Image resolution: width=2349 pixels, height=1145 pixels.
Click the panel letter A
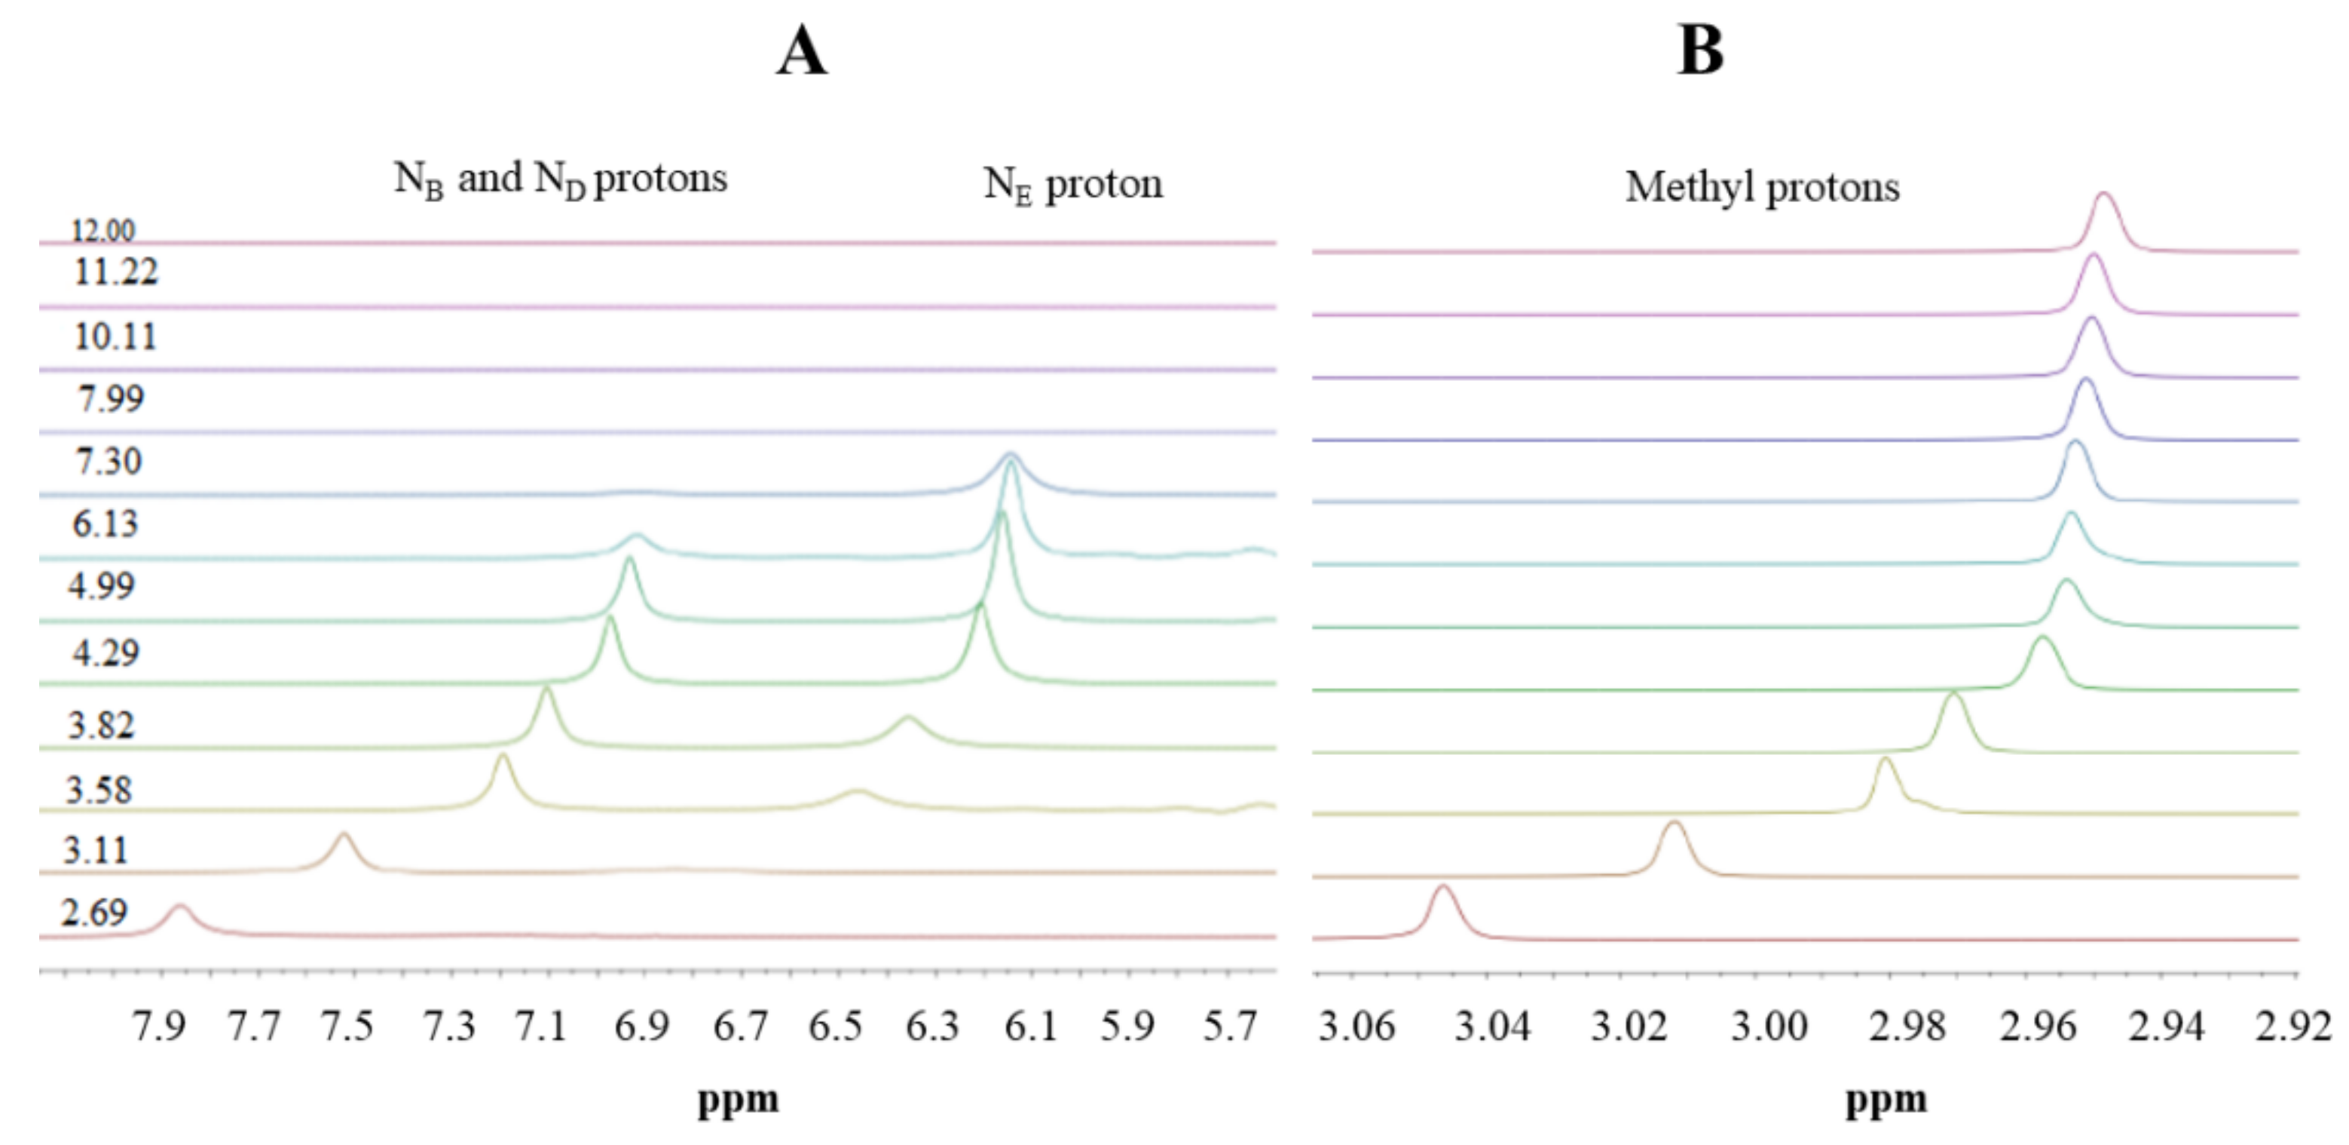(802, 51)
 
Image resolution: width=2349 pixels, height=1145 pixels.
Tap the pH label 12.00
(103, 231)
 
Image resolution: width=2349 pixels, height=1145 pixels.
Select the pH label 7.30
(109, 462)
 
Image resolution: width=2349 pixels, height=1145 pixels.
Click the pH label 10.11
(115, 336)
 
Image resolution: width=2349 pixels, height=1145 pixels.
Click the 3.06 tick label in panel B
(1357, 1027)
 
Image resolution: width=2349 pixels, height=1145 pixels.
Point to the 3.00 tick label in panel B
(1769, 1027)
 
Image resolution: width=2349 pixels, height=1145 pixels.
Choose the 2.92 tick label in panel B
(2293, 1027)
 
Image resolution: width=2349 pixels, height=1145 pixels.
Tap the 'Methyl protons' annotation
(1762, 188)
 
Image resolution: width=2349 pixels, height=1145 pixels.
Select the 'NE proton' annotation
(1072, 186)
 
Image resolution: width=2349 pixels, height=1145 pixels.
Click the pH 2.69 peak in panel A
(179, 909)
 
